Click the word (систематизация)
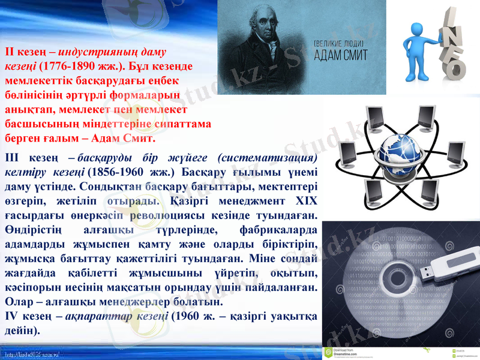[x=268, y=158]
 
